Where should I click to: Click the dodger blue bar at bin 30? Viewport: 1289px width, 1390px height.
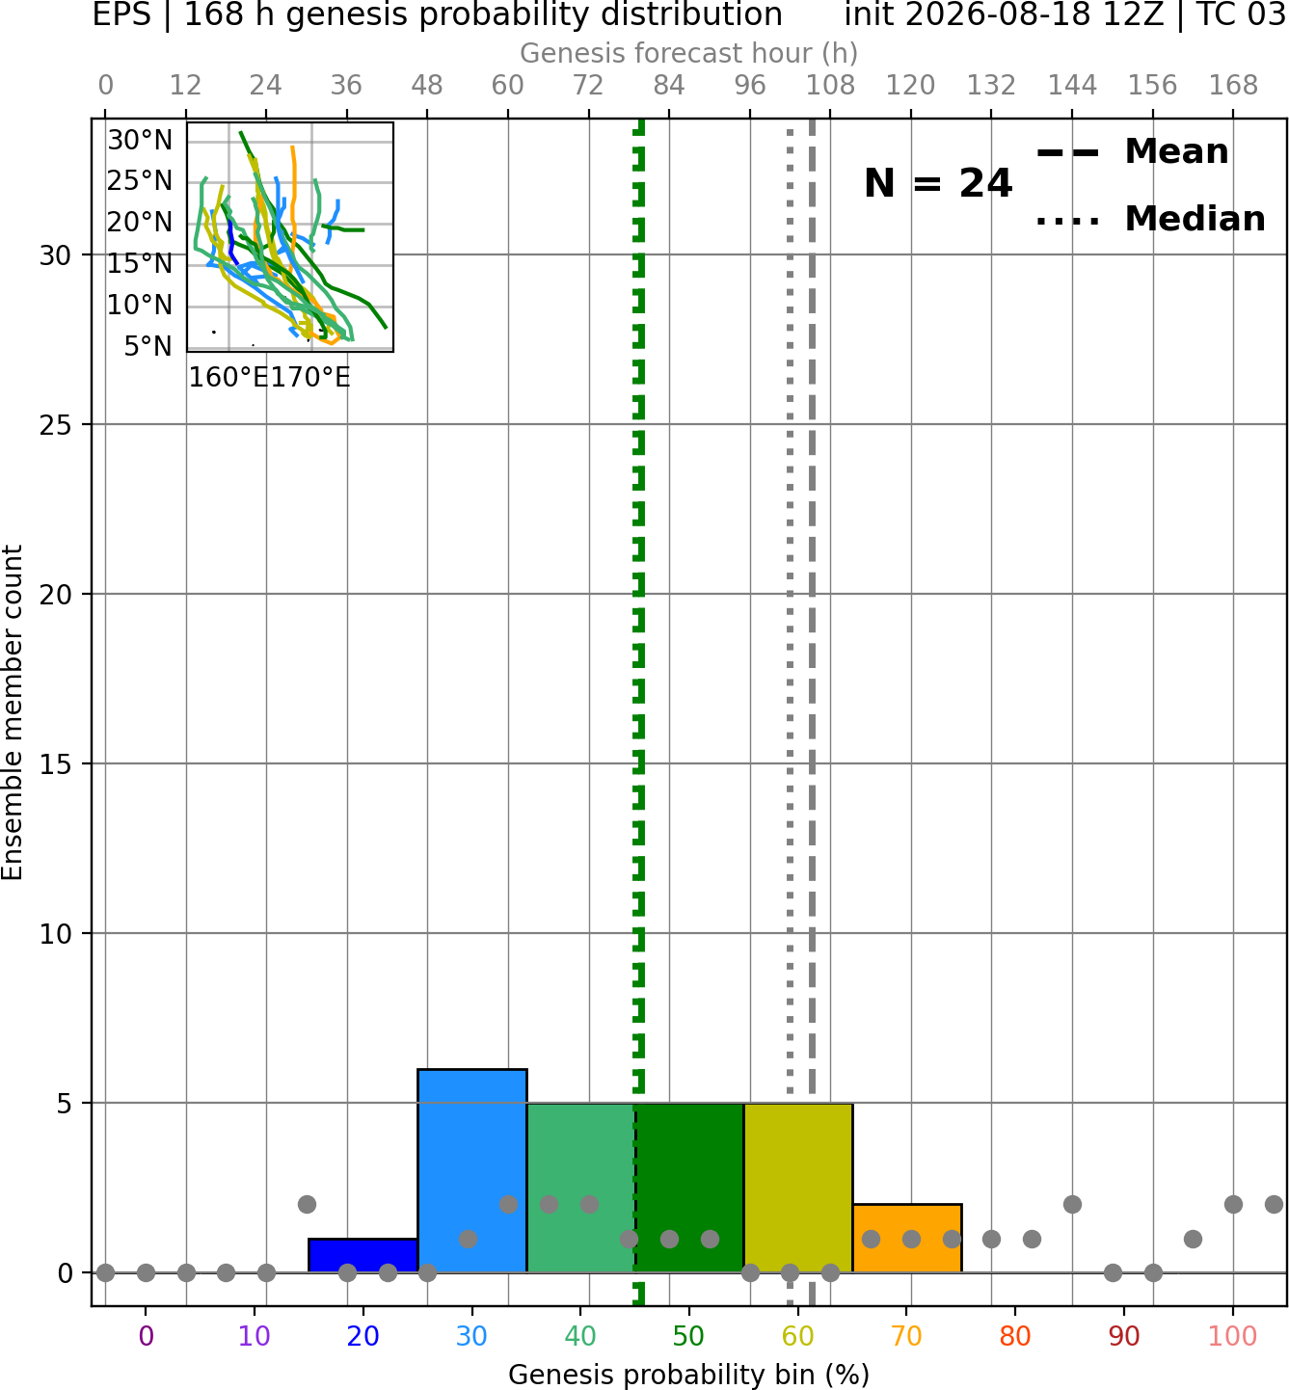coord(471,1170)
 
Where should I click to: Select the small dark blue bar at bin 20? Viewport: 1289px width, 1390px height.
coord(363,1256)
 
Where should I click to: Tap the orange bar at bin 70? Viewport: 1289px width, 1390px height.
coord(906,1238)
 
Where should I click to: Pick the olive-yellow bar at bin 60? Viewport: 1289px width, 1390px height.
coord(798,1188)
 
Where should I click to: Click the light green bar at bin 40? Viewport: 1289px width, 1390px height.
coord(580,1188)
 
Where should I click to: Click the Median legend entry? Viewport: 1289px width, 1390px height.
coord(1151,220)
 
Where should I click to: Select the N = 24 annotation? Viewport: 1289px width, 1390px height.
coord(937,183)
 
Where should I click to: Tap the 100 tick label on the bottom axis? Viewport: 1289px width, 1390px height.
coord(1232,1337)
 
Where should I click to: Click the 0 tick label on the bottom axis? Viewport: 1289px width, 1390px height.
coord(146,1337)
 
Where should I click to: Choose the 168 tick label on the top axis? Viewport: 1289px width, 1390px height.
coord(1233,86)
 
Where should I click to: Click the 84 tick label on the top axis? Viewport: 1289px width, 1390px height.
coord(669,86)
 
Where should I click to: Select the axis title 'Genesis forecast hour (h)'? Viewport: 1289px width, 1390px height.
coord(689,53)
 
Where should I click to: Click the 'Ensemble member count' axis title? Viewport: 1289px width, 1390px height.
coord(13,712)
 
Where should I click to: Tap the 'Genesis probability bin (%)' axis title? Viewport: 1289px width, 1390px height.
coord(689,1375)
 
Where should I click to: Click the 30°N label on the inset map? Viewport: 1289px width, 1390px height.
coord(140,140)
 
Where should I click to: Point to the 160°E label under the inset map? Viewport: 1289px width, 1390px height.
coord(228,378)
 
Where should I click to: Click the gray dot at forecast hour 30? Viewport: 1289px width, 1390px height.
coord(307,1205)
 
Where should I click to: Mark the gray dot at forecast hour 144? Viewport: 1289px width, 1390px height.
coord(1072,1205)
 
